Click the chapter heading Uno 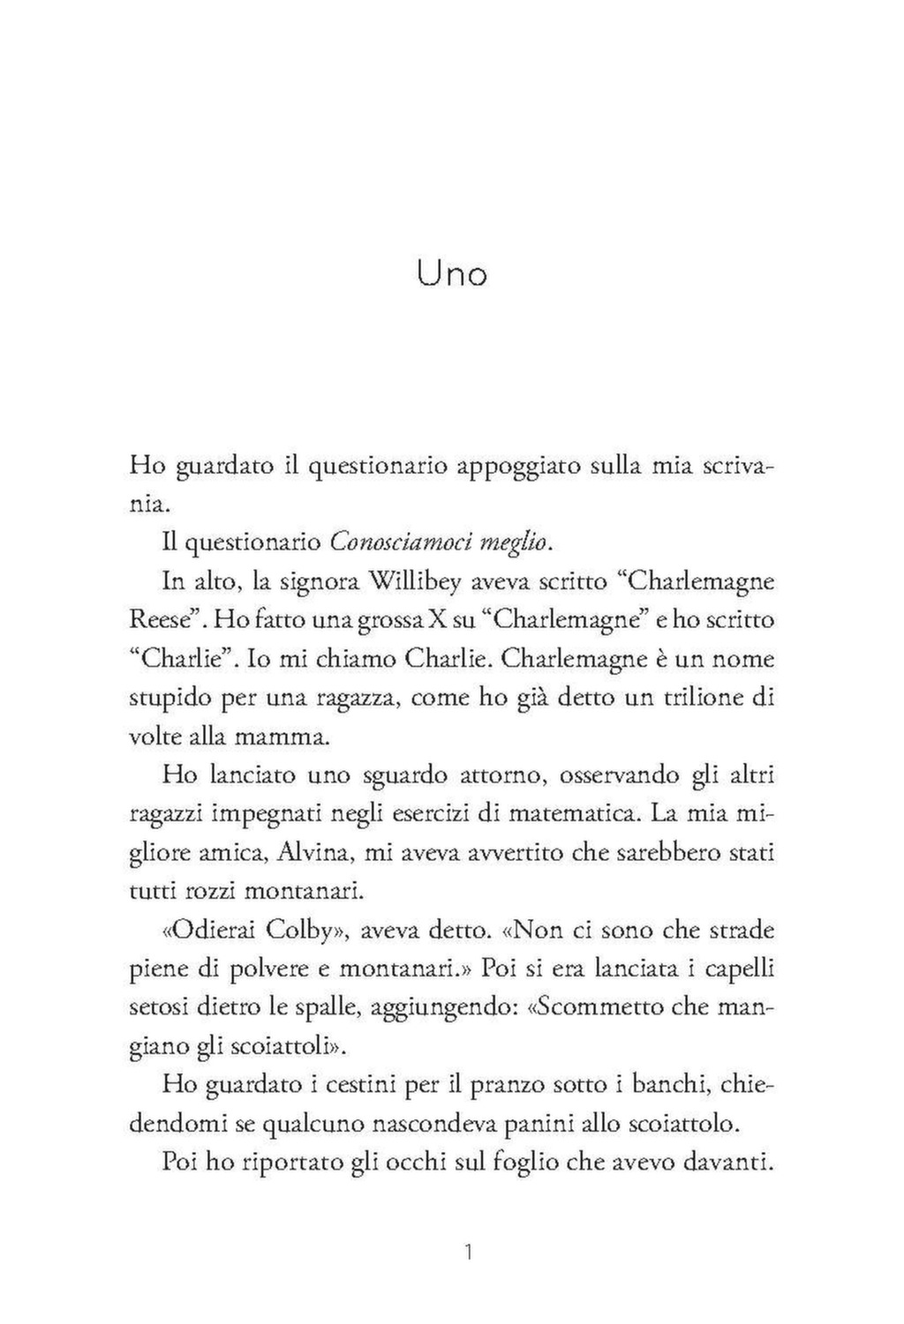[x=451, y=274]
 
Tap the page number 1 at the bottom [x=469, y=1253]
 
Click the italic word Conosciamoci [x=401, y=542]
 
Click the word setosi [x=160, y=1007]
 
